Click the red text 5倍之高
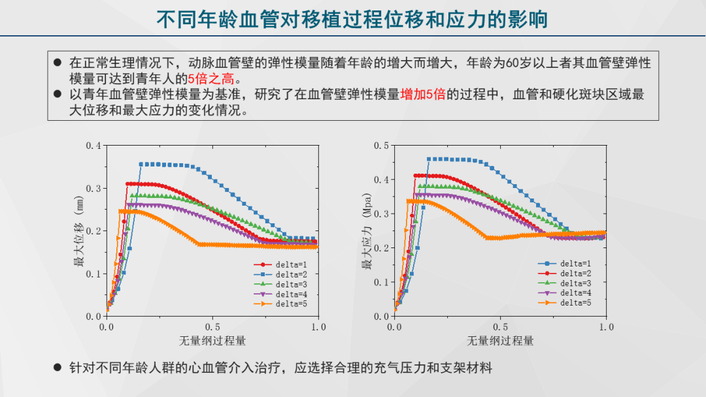[215, 78]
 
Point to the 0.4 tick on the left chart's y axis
[93, 145]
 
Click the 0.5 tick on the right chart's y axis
[381, 145]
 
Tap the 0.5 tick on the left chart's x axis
[212, 326]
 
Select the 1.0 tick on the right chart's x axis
[606, 326]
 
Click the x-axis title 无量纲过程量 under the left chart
[212, 341]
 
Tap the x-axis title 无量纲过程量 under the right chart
[500, 341]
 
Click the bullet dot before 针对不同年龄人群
[57, 368]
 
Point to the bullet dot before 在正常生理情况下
[57, 63]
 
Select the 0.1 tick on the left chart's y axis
[93, 274]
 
